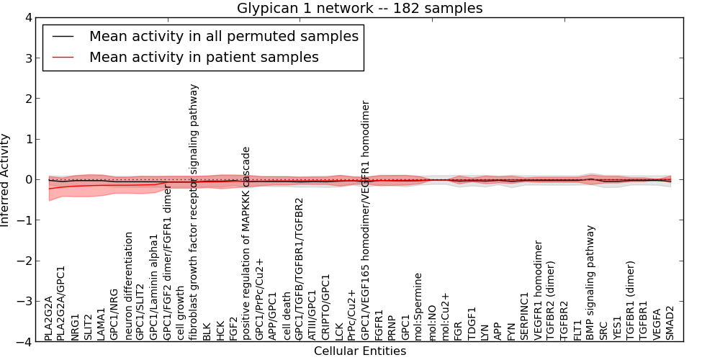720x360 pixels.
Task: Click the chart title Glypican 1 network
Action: click(360, 8)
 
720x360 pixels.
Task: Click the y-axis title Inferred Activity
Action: click(6, 179)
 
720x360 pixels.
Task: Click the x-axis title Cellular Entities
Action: click(360, 351)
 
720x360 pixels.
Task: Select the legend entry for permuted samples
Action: click(223, 36)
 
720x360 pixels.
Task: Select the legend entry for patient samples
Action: click(204, 57)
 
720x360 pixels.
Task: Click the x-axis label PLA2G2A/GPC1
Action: click(62, 303)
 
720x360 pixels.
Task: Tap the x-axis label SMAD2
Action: click(670, 323)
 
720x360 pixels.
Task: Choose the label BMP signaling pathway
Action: click(590, 282)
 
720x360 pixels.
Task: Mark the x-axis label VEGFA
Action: click(657, 323)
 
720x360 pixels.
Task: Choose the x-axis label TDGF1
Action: click(472, 324)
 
